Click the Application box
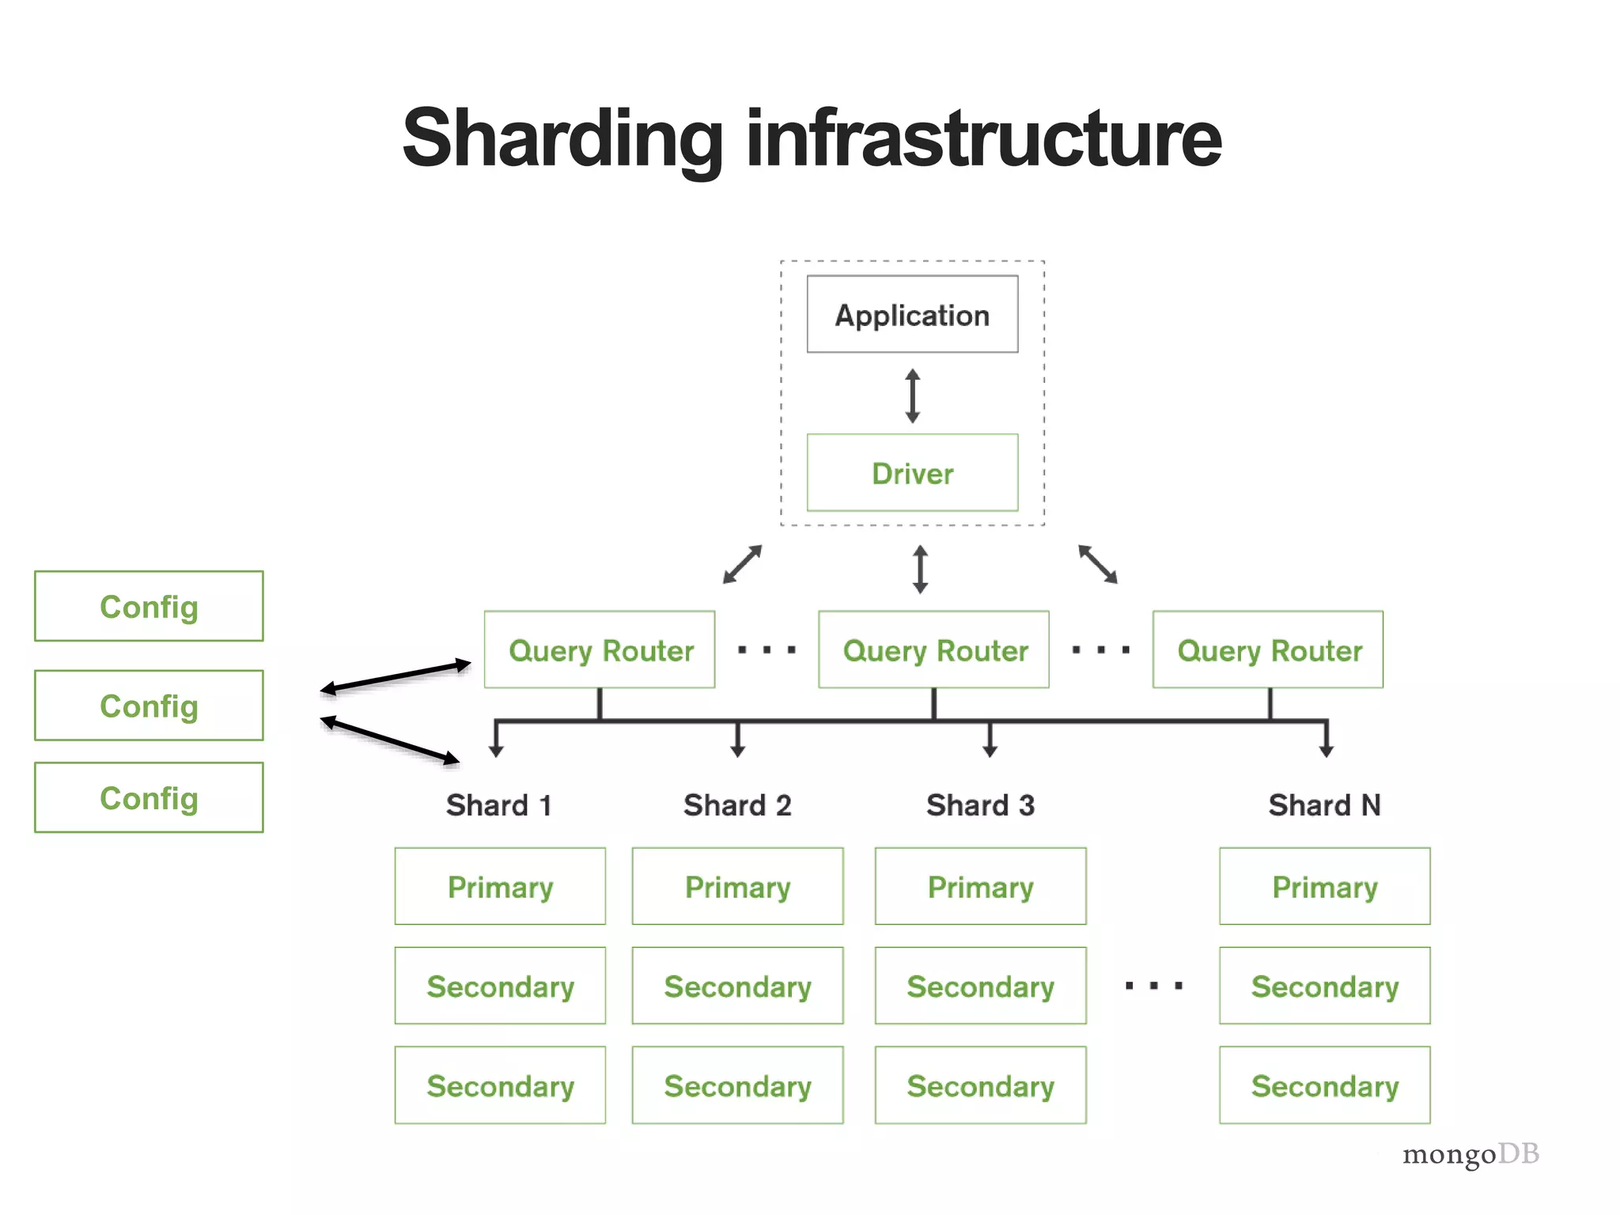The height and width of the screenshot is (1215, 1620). click(912, 314)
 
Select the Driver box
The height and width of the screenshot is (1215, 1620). click(912, 472)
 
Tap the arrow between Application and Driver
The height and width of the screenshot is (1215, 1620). click(912, 396)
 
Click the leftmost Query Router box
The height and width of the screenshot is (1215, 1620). click(600, 649)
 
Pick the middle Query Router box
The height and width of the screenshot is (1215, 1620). click(933, 649)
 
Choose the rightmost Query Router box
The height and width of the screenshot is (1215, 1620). click(1268, 649)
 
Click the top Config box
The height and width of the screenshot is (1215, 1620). click(149, 606)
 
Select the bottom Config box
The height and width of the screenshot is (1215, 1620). click(149, 797)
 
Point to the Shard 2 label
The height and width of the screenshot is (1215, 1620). click(737, 805)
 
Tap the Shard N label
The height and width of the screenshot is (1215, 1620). click(1324, 805)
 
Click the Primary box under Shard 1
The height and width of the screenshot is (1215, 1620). click(500, 886)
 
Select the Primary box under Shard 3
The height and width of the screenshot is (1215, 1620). click(980, 886)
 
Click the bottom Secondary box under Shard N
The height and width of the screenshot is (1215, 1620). click(1324, 1085)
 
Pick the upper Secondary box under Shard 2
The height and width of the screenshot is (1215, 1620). click(737, 986)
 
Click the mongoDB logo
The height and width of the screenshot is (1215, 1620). click(1470, 1154)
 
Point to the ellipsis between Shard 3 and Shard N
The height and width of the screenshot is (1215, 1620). click(1153, 986)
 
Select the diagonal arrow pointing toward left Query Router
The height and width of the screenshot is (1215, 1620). click(742, 564)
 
